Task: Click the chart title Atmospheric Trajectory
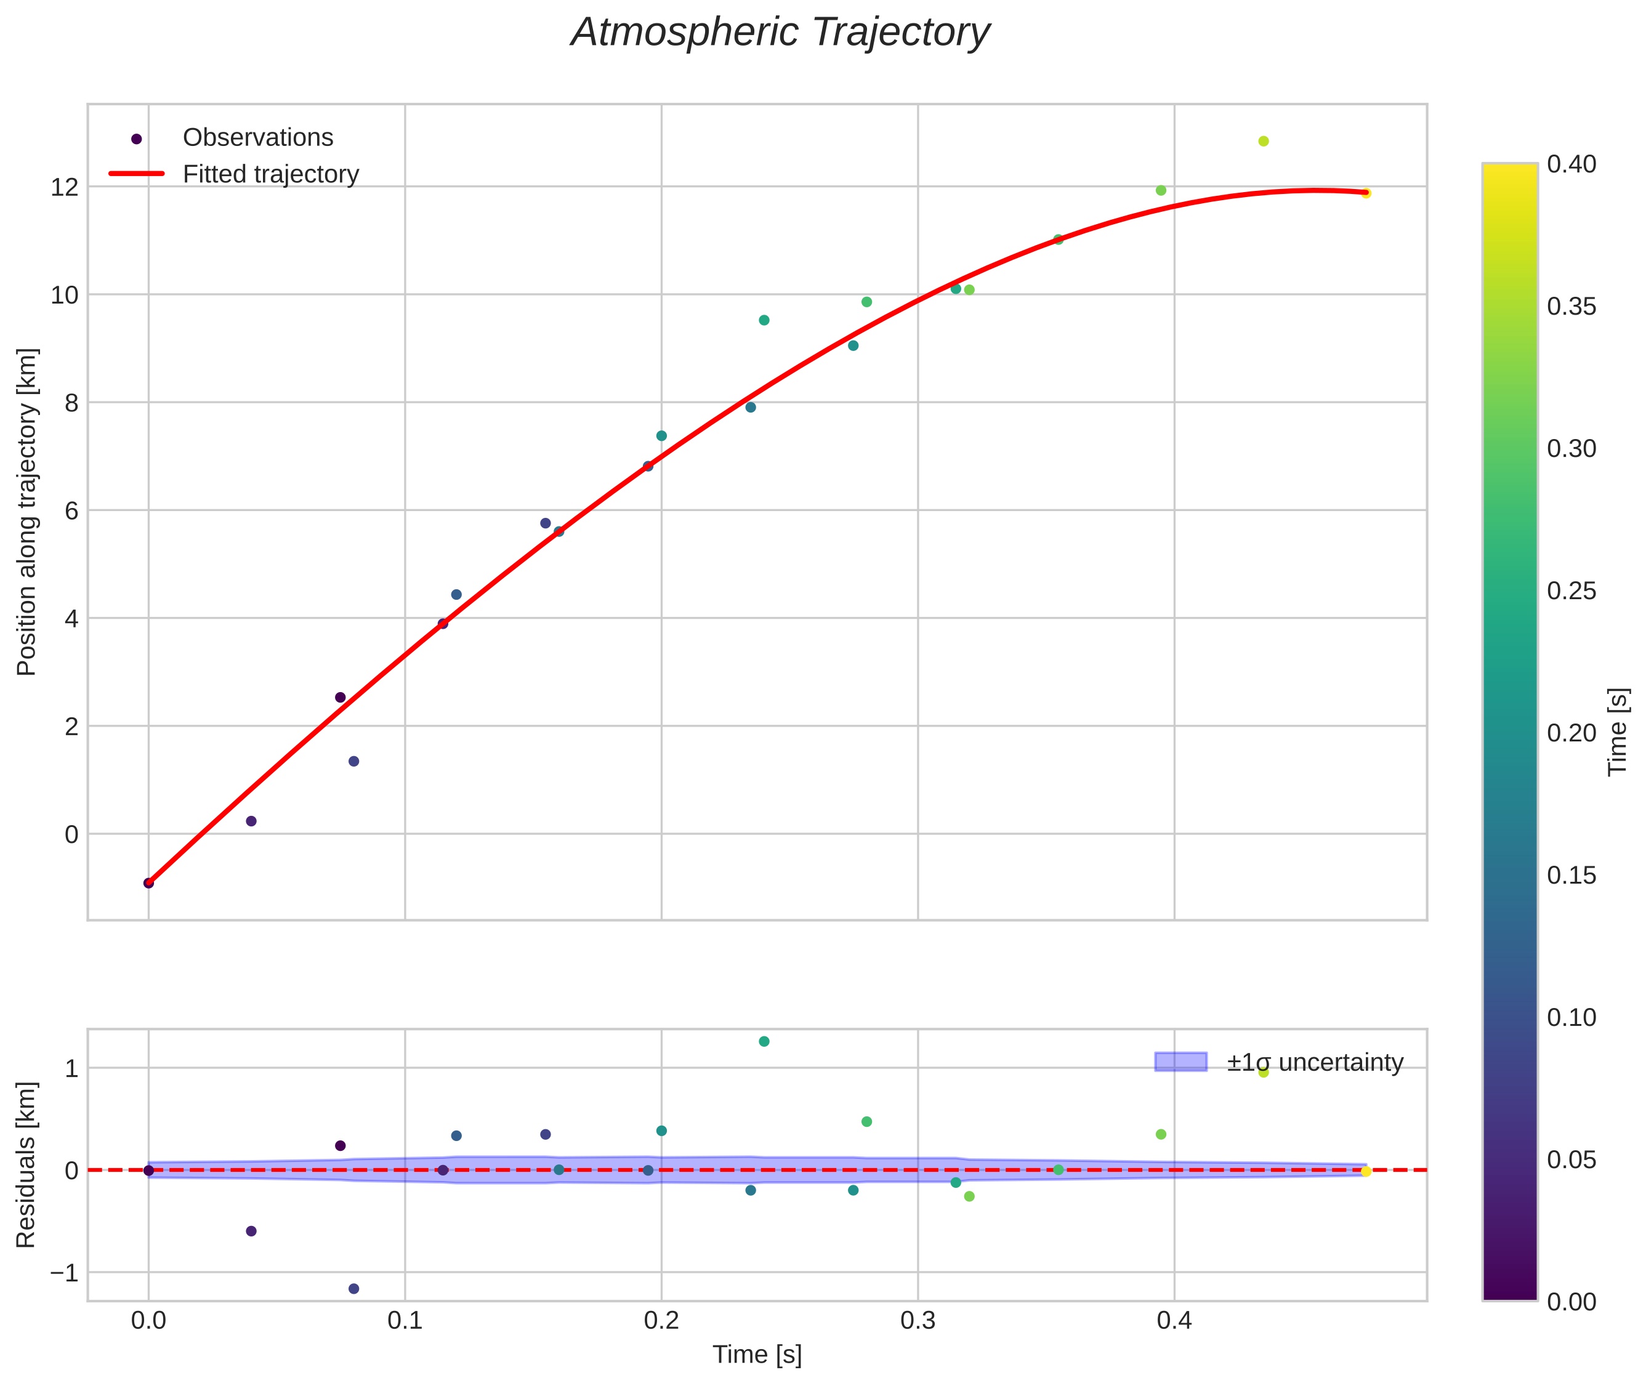click(780, 33)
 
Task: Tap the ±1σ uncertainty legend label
click(1314, 1062)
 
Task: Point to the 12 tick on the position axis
click(66, 187)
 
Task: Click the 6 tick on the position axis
click(71, 510)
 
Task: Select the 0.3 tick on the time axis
click(918, 1321)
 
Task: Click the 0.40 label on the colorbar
click(1571, 164)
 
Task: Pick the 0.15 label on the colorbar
click(1571, 876)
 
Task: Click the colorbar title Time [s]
click(1618, 732)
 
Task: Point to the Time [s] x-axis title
click(757, 1355)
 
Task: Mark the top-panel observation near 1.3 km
click(353, 761)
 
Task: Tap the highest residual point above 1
click(764, 1041)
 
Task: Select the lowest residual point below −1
click(353, 1289)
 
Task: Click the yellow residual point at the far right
click(1365, 1171)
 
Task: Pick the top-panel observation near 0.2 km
click(251, 821)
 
